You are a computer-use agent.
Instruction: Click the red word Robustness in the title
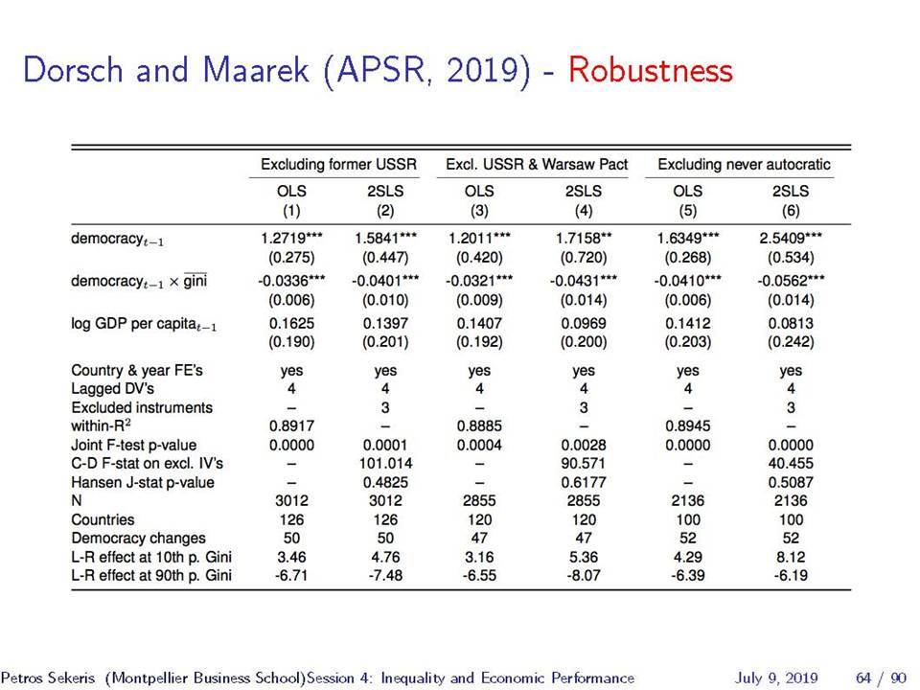[650, 70]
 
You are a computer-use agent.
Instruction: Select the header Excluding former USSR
[338, 164]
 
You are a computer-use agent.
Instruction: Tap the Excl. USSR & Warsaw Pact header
[537, 164]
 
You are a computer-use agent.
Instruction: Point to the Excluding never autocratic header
[744, 164]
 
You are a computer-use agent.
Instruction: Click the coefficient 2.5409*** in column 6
[791, 239]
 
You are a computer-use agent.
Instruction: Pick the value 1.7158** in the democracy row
[584, 239]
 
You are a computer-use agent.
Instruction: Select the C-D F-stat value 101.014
[385, 464]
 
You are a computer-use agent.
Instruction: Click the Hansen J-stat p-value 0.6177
[584, 482]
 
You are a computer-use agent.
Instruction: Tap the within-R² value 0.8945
[688, 425]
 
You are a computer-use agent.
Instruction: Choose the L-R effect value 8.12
[791, 557]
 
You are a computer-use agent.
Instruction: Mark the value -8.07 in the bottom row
[584, 576]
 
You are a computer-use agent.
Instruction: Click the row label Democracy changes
[138, 538]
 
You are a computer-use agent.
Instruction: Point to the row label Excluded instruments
[142, 408]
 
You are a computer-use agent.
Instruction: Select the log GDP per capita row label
[144, 325]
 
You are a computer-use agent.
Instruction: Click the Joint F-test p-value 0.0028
[584, 446]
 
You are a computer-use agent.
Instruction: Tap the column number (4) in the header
[584, 211]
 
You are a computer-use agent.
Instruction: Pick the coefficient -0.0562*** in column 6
[791, 281]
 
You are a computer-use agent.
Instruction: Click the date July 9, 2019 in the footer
[776, 678]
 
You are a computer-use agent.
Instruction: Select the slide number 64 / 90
[882, 678]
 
